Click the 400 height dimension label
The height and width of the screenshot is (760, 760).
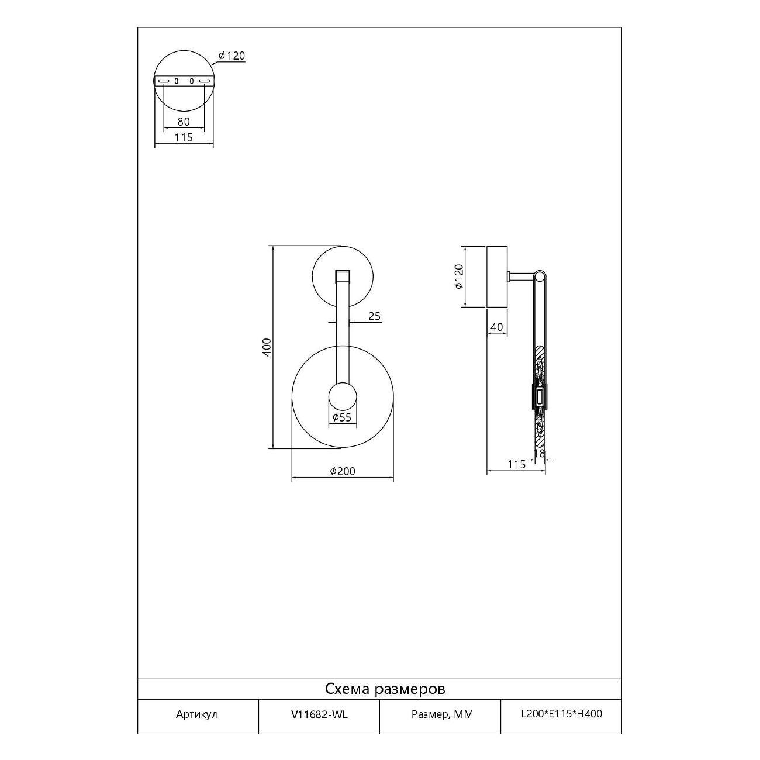coord(267,347)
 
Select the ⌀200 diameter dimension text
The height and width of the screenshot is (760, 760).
coord(343,471)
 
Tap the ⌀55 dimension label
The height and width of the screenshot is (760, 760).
coord(341,417)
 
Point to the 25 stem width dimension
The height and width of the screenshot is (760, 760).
coord(374,316)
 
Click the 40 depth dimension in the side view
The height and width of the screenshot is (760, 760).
coord(496,327)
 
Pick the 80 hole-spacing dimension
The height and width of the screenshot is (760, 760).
coord(184,122)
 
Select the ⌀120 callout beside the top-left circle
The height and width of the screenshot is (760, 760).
coord(232,56)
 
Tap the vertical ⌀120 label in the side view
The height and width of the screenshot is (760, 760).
coord(458,277)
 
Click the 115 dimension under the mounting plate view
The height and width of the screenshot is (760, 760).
coord(184,137)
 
